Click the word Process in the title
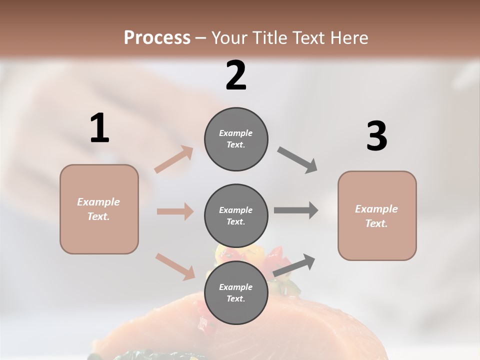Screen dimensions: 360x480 (157, 37)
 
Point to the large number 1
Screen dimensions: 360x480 (99, 128)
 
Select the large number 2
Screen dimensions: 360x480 (236, 75)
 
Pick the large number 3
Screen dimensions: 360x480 (376, 136)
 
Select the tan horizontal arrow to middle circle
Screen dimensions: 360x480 (175, 211)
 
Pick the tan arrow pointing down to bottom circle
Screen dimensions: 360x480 (175, 266)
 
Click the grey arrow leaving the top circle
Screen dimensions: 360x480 (297, 160)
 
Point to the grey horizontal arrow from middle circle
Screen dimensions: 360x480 (296, 210)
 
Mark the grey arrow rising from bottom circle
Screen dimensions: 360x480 (294, 265)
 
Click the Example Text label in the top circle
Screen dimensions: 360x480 (236, 139)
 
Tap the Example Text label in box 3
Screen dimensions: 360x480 (377, 216)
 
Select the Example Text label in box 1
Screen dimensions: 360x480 (99, 209)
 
